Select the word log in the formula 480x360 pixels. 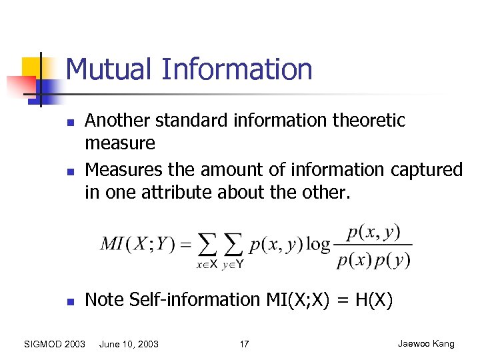[318, 245]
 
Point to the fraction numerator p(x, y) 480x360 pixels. [373, 232]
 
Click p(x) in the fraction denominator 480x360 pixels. [353, 259]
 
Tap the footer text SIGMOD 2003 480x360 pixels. [54, 344]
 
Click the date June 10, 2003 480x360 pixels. [129, 344]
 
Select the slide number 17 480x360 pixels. [244, 344]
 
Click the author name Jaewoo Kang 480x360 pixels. [426, 344]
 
